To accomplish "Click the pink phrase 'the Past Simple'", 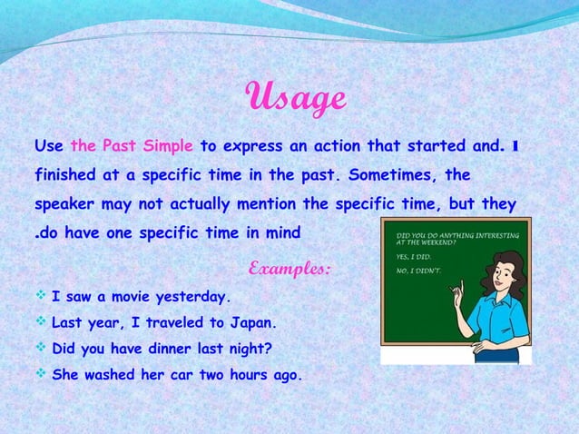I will [x=131, y=144].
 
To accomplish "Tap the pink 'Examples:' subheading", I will [x=289, y=270].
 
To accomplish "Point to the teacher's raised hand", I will [x=458, y=292].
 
